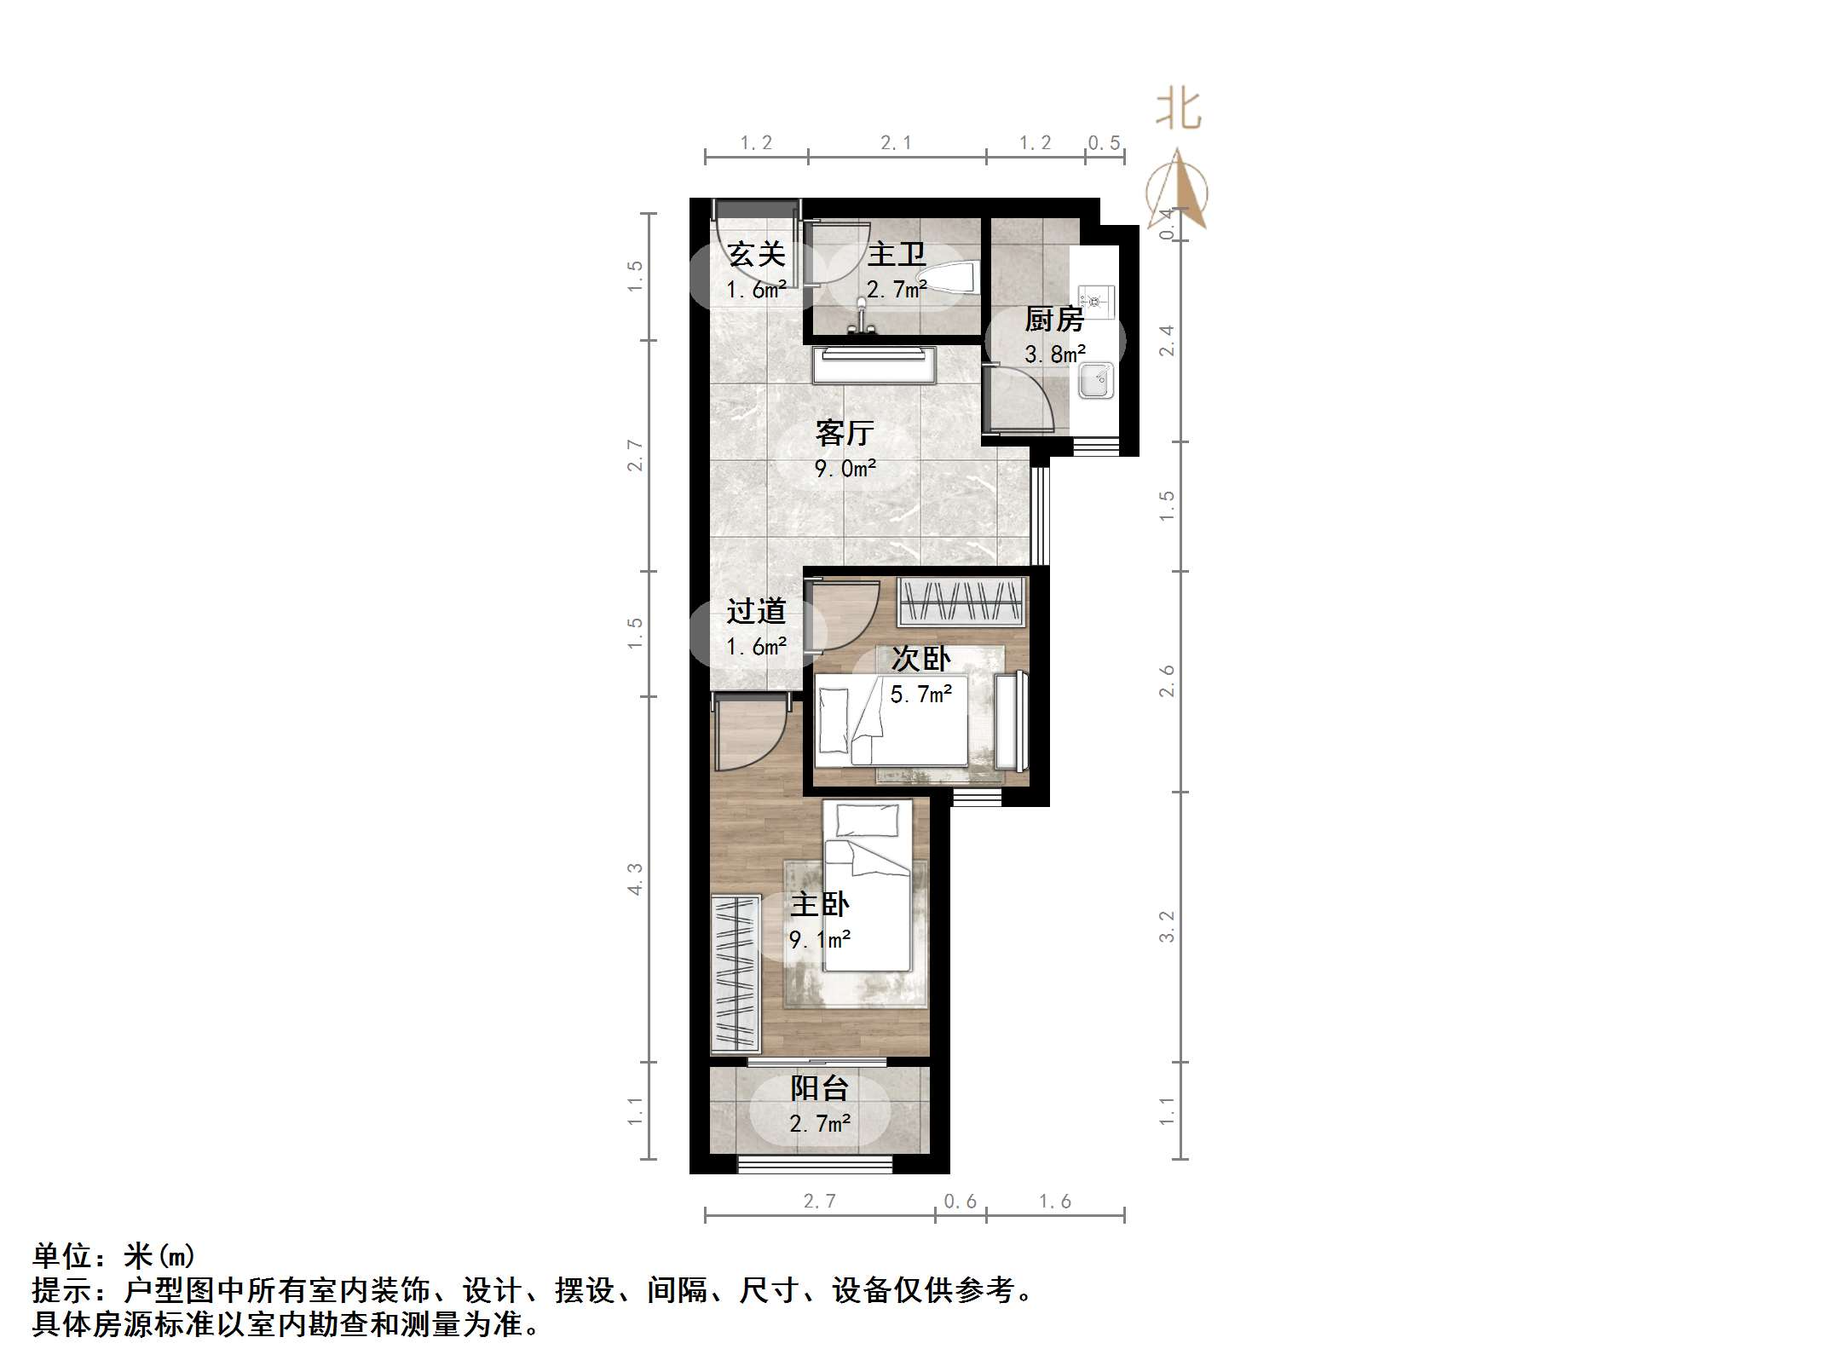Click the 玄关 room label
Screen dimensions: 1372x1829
click(756, 254)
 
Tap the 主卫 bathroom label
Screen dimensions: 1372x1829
click(896, 254)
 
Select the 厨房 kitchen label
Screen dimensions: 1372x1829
click(1054, 320)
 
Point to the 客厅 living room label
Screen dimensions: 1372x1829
click(845, 433)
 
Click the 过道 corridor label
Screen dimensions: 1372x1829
click(756, 611)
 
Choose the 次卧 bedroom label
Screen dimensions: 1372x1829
click(920, 659)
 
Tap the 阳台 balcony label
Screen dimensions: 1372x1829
click(819, 1088)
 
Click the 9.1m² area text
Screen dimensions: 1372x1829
click(819, 940)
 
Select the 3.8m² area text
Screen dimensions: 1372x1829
click(1054, 354)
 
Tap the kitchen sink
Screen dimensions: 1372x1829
click(1095, 380)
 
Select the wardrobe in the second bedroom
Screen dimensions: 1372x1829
click(961, 602)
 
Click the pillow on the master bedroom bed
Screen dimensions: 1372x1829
click(868, 821)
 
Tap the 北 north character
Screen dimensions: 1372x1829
click(1178, 109)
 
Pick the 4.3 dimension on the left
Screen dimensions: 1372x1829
click(635, 879)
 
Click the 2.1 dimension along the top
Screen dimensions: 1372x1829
click(896, 143)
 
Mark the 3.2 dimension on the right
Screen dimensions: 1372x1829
click(1167, 926)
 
